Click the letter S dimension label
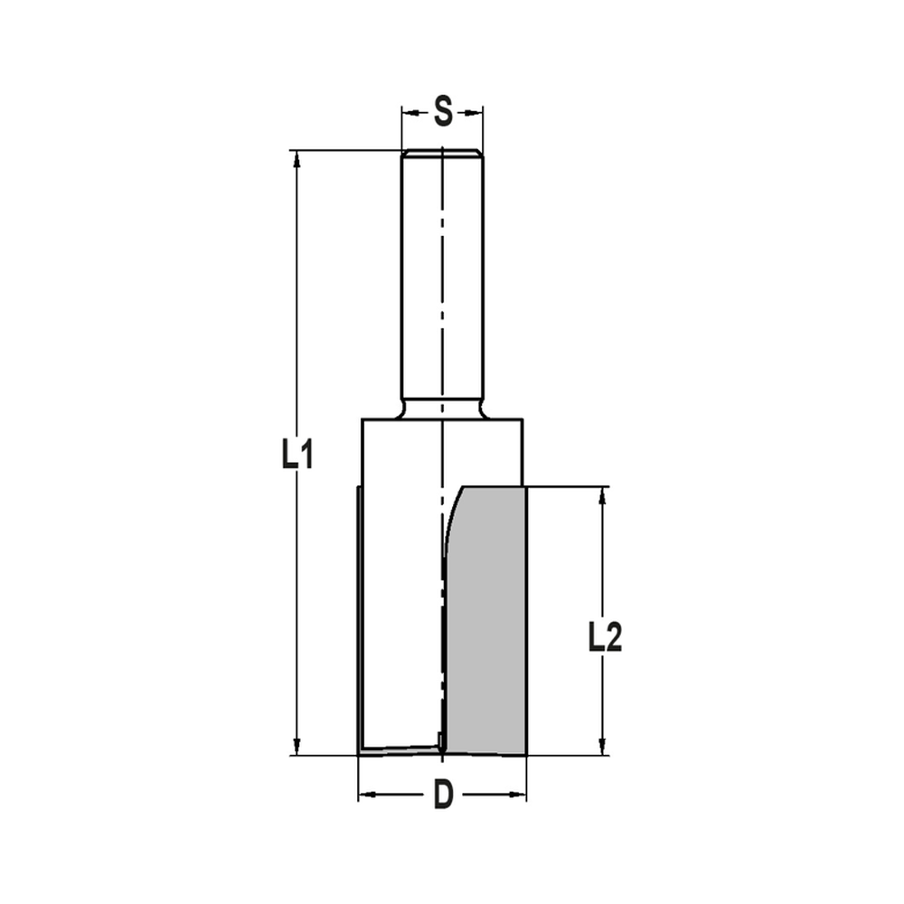[x=442, y=112]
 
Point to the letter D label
[x=442, y=796]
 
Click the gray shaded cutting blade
[x=486, y=624]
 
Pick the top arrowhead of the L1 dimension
[x=296, y=157]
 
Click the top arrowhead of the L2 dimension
[x=602, y=494]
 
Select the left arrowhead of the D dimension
[x=365, y=796]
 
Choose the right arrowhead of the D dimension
[x=519, y=796]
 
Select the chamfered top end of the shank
[x=442, y=153]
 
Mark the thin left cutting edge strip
[x=357, y=615]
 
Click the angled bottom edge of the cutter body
[x=398, y=749]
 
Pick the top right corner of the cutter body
[x=523, y=419]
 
